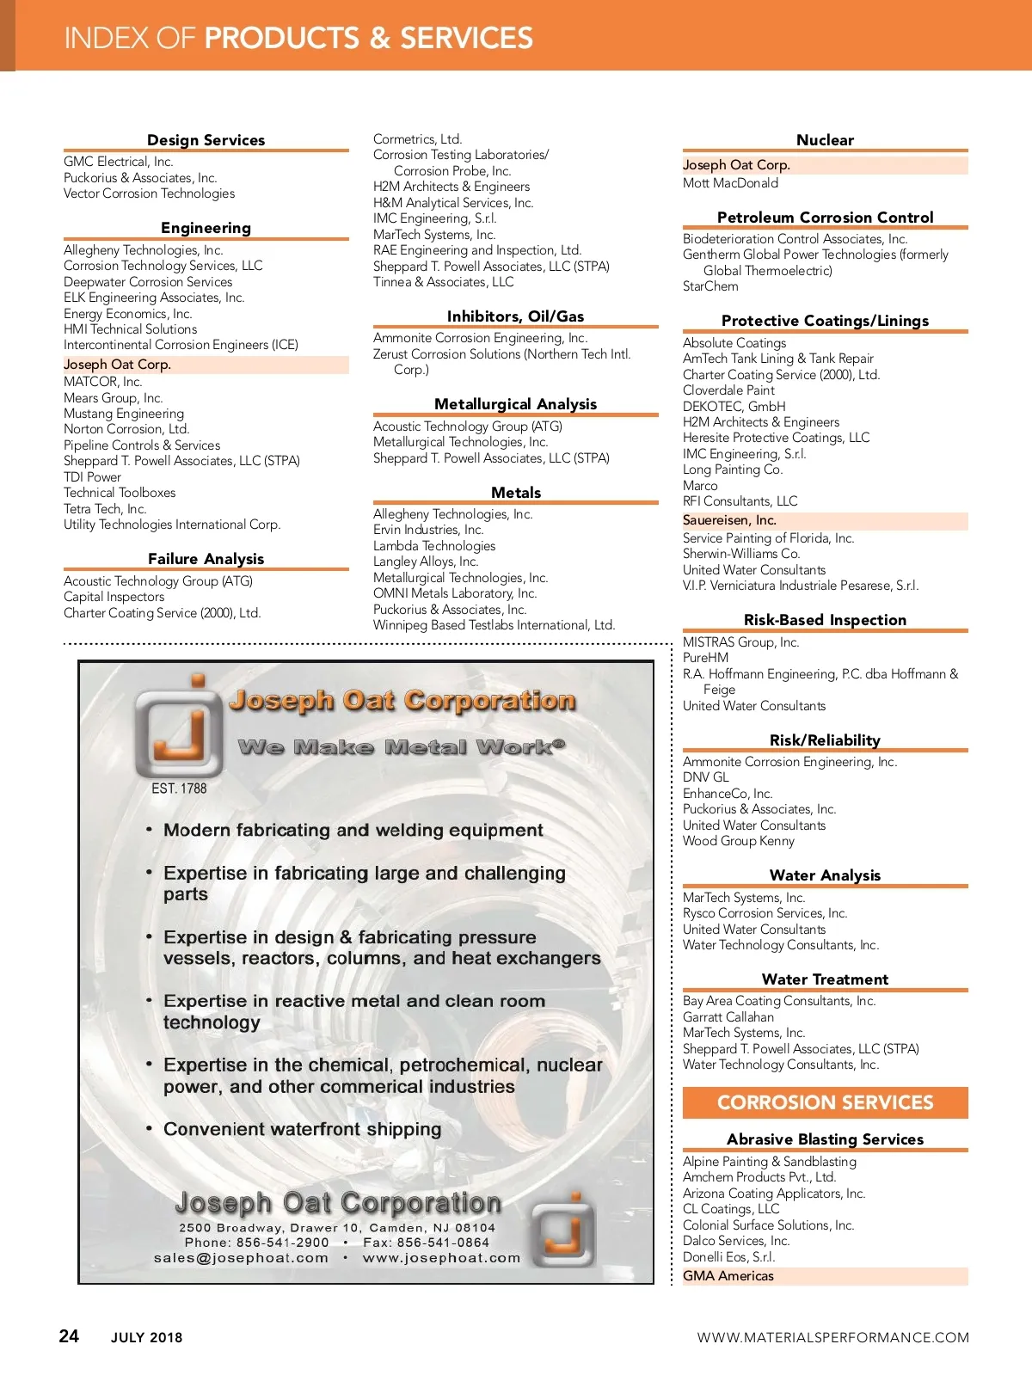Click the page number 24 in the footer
(69, 1335)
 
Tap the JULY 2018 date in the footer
(146, 1337)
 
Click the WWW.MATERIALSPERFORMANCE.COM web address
(832, 1337)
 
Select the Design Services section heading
(206, 140)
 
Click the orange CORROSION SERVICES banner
(825, 1102)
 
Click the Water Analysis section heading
(825, 875)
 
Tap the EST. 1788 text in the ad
(179, 788)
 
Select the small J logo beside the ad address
(563, 1231)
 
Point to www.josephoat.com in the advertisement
(441, 1258)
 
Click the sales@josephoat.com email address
(241, 1258)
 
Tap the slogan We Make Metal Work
(402, 746)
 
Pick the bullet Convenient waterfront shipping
(302, 1129)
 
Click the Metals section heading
(516, 493)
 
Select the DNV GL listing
(705, 777)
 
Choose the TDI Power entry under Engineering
(92, 477)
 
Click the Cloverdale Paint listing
(728, 390)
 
